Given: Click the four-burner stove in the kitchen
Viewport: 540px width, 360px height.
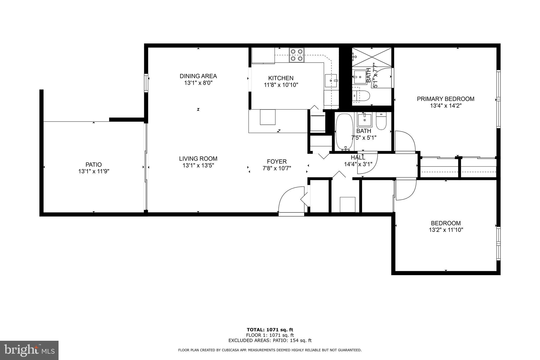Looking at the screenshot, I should coord(297,55).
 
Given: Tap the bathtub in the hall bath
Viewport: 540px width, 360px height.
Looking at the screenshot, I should coord(344,132).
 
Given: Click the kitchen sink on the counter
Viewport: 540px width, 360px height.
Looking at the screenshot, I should coord(331,80).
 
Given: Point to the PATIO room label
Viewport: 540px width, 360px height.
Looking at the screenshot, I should coord(94,165).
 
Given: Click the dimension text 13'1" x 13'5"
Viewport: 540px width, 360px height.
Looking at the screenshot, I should coord(198,166).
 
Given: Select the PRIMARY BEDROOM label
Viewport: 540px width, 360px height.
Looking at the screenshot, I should coord(445,99).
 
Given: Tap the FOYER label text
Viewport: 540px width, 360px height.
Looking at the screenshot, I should coord(277,161).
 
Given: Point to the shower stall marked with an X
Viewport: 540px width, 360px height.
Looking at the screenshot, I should coord(372,57).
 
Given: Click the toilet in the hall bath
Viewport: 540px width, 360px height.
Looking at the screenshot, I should coord(381,121).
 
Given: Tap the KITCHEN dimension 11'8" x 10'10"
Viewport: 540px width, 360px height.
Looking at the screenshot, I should coord(281,85).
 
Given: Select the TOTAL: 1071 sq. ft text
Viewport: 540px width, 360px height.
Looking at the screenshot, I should coord(270,330).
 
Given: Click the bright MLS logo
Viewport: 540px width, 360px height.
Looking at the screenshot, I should coord(29,350).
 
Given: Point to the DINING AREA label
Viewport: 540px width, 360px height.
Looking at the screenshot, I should coord(198,76).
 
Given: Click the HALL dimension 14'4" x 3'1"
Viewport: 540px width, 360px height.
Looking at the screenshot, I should coord(358,164).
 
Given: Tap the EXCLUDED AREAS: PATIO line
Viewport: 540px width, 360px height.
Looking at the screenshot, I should coord(270,340).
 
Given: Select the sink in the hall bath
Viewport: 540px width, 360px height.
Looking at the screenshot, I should coord(365,120).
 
